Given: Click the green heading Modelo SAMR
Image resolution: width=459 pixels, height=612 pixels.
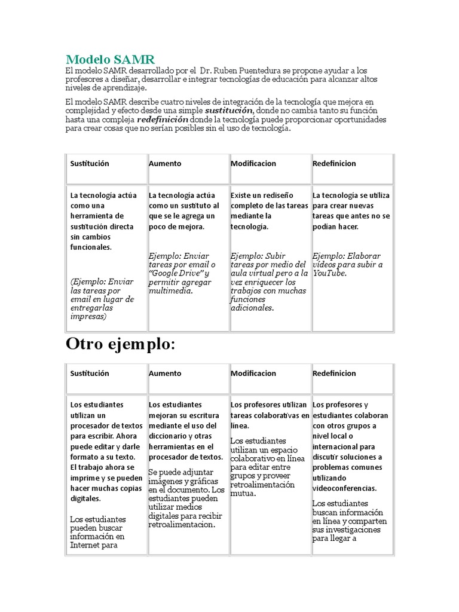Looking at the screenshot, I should (x=110, y=59).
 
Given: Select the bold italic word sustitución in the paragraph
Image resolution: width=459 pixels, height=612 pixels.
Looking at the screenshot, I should (x=229, y=111).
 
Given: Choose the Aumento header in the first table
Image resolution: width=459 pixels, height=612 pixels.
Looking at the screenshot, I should (x=165, y=164).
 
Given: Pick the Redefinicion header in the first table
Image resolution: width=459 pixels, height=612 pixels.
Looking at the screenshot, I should (x=334, y=164).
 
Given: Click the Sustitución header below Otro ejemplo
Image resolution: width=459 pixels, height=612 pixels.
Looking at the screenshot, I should (x=90, y=374).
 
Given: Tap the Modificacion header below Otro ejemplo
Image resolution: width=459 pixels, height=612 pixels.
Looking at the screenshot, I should (x=253, y=374).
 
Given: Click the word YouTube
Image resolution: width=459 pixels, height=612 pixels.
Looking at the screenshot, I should (x=329, y=273).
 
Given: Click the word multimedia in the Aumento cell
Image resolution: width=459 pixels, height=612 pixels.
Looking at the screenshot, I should (x=171, y=291).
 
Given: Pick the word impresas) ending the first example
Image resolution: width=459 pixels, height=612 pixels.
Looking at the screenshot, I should (x=88, y=317).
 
